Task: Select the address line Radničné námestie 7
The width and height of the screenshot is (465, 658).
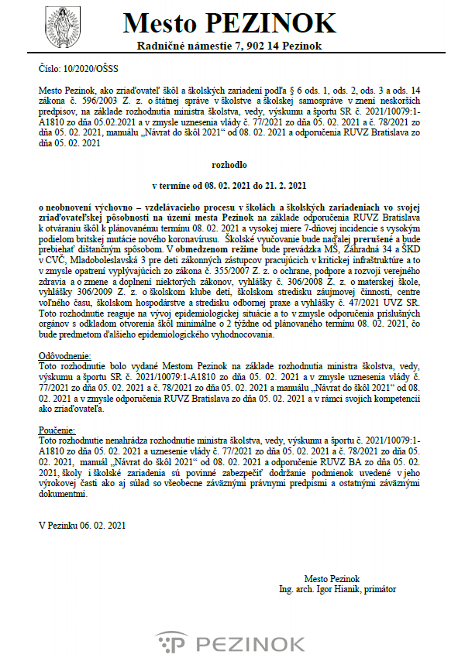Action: tap(229, 48)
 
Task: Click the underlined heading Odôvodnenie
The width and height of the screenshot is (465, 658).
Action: tap(63, 356)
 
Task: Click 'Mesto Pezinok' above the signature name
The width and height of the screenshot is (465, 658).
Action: tap(332, 579)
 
